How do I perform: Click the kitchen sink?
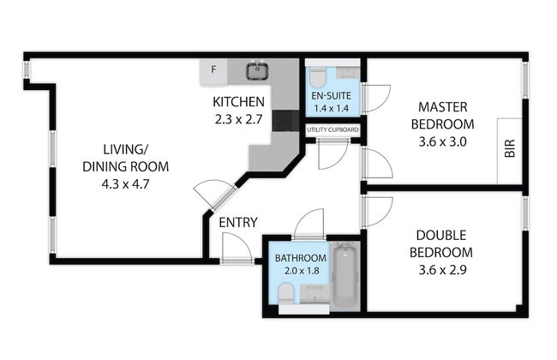[x=257, y=70]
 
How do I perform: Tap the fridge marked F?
[x=213, y=71]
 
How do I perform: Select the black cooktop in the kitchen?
[x=286, y=121]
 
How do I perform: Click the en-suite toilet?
[x=317, y=77]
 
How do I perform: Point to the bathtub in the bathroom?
[x=344, y=274]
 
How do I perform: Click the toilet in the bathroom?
[x=286, y=294]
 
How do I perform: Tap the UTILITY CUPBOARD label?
[x=332, y=129]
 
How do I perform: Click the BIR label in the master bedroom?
[x=509, y=148]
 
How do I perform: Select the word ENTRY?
[x=238, y=223]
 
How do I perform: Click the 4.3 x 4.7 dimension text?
[x=125, y=184]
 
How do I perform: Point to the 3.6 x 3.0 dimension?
[x=442, y=141]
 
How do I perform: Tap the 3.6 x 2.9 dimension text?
[x=442, y=270]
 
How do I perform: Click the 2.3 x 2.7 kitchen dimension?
[x=238, y=119]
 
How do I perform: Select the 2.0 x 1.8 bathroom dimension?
[x=302, y=271]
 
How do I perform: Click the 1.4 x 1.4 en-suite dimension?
[x=331, y=108]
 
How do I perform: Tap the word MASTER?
[x=443, y=107]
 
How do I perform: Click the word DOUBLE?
[x=440, y=235]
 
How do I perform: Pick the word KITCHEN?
[x=238, y=102]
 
